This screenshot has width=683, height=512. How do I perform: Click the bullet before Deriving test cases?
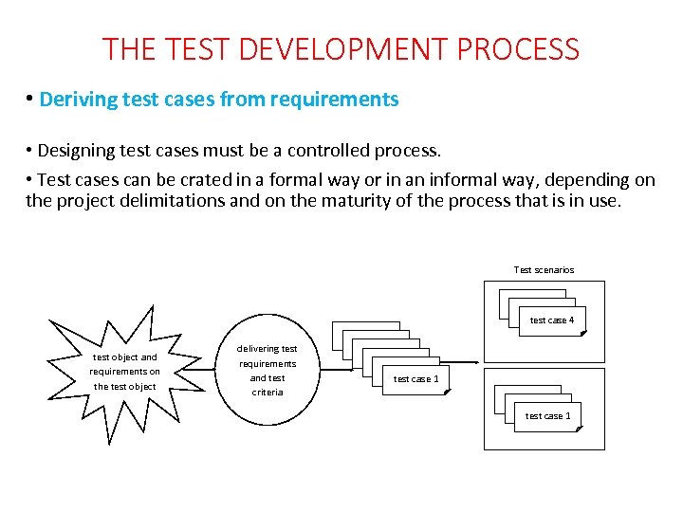[30, 100]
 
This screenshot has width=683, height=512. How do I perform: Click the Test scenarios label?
[544, 270]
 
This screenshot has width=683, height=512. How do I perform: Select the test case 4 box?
[551, 320]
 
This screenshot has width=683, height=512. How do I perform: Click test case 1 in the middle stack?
[415, 379]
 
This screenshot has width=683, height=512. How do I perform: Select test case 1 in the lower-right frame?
[547, 416]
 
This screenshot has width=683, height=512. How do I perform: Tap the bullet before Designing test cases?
[30, 152]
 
